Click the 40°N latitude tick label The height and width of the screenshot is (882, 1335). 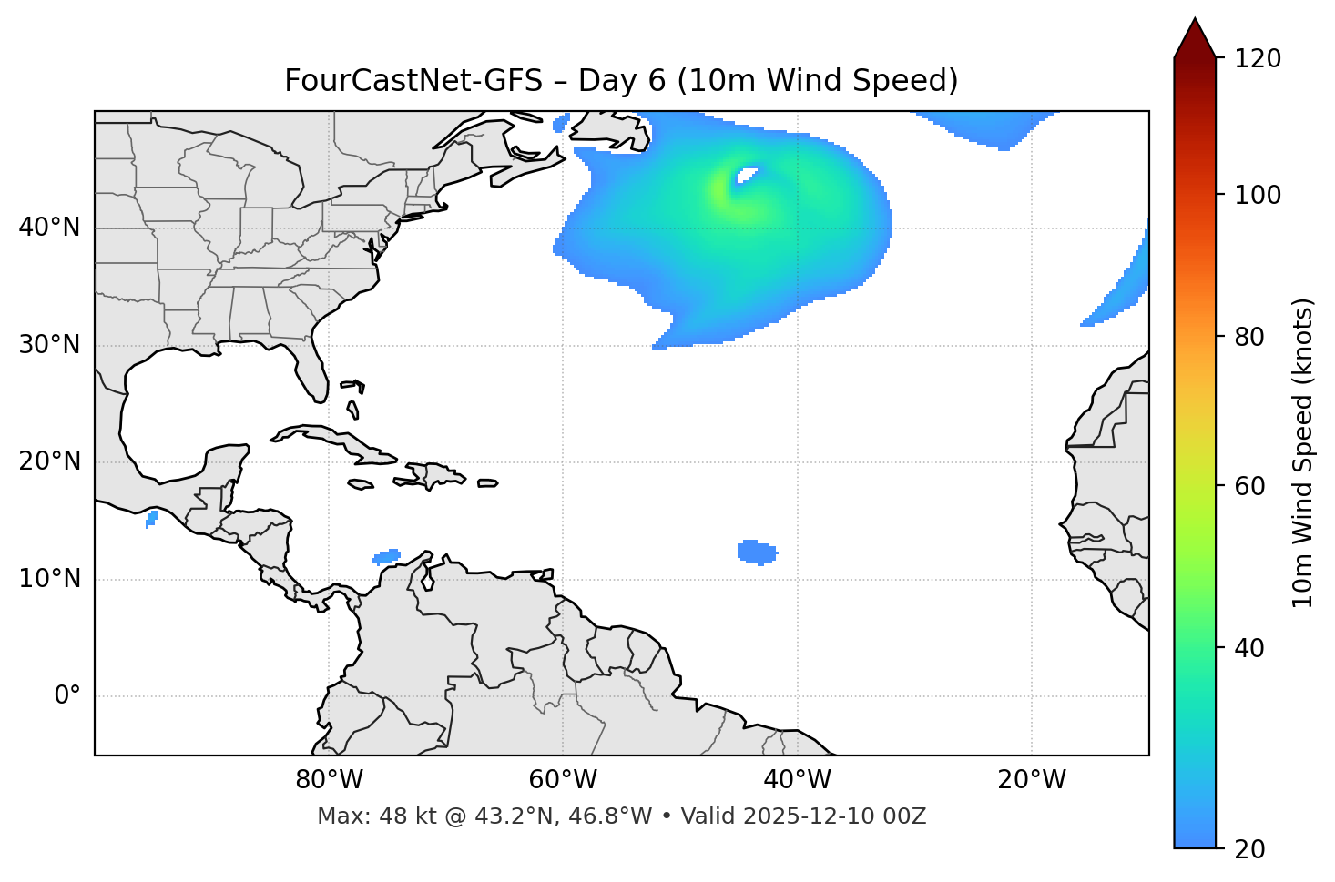click(49, 228)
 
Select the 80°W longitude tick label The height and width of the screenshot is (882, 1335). click(329, 780)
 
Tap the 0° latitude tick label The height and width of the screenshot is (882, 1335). click(67, 696)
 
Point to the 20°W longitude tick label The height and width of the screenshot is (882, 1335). click(1032, 780)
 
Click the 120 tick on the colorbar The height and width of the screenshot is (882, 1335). click(1259, 59)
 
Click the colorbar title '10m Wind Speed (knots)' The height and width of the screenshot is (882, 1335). click(1303, 452)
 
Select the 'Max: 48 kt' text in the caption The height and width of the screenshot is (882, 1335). click(361, 816)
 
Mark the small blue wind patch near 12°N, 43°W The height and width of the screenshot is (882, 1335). click(757, 552)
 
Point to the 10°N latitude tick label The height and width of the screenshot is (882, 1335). click(49, 579)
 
